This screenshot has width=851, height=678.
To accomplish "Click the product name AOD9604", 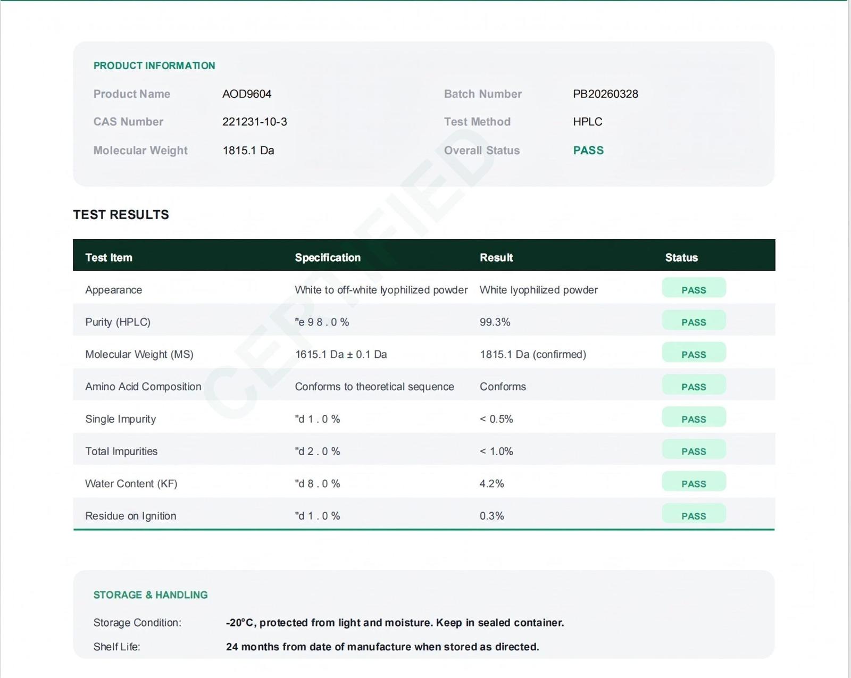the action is tap(247, 94).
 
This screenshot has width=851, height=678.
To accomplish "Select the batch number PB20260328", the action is tap(605, 94).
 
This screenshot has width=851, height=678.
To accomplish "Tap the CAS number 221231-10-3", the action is tap(255, 122).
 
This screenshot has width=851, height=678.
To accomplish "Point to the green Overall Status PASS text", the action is tap(588, 150).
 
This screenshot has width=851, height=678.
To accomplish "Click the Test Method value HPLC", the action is tap(588, 122).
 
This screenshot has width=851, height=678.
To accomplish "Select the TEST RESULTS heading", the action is tap(121, 215).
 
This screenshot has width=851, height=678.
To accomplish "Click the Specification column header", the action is tap(328, 258).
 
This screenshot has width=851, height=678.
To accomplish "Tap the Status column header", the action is tap(681, 258).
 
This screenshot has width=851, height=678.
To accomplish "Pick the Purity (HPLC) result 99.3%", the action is tap(495, 322).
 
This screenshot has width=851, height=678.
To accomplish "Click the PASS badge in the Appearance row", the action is tap(694, 288).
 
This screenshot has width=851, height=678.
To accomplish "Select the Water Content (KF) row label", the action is tap(131, 483).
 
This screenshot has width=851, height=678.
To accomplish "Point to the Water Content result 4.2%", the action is tap(492, 483).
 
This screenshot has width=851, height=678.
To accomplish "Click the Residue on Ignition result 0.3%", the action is tap(492, 516).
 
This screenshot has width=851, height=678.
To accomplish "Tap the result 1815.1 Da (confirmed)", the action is tap(533, 354).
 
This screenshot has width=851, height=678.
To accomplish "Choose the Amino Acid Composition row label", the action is tap(143, 387).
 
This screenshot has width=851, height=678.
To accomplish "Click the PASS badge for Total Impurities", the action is tap(694, 449).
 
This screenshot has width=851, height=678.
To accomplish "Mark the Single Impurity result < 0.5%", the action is tap(496, 419).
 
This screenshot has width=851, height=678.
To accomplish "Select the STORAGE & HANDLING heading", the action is tap(151, 595).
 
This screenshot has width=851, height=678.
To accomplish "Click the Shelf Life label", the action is tap(116, 647).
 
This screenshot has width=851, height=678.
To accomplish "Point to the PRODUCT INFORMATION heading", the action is tap(154, 65).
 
